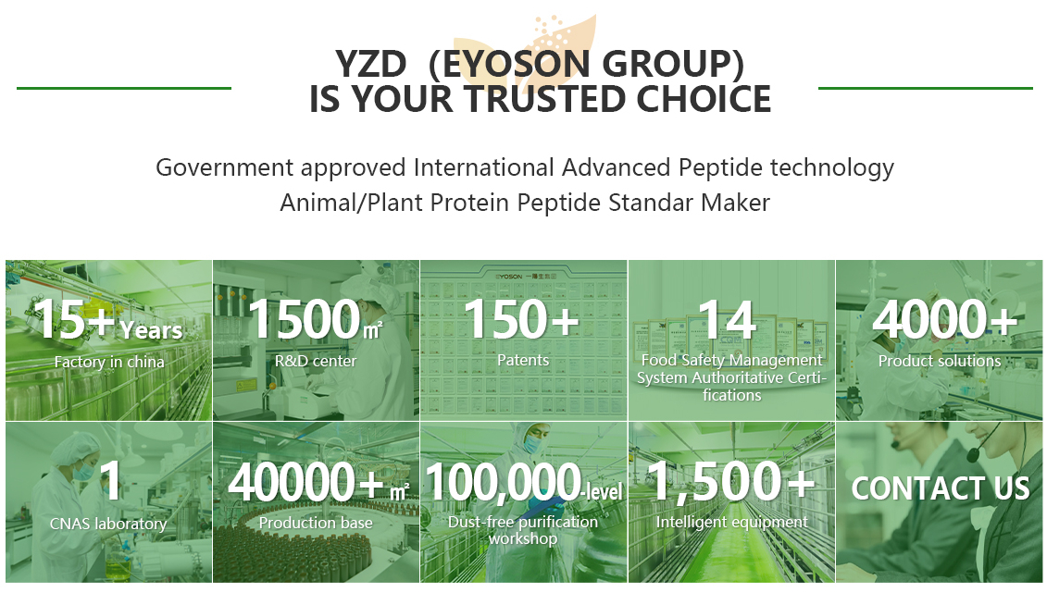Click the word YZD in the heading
[371, 65]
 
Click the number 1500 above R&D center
[305, 319]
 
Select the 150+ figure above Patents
[521, 319]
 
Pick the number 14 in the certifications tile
[727, 320]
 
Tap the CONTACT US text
[941, 489]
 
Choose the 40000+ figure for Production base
[305, 482]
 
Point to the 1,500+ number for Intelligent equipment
[732, 482]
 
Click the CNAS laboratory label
[108, 525]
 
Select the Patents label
[523, 360]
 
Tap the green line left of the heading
[124, 88]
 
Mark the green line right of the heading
[926, 88]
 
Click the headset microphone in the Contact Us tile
[974, 455]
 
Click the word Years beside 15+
[151, 330]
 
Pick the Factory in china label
[109, 363]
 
